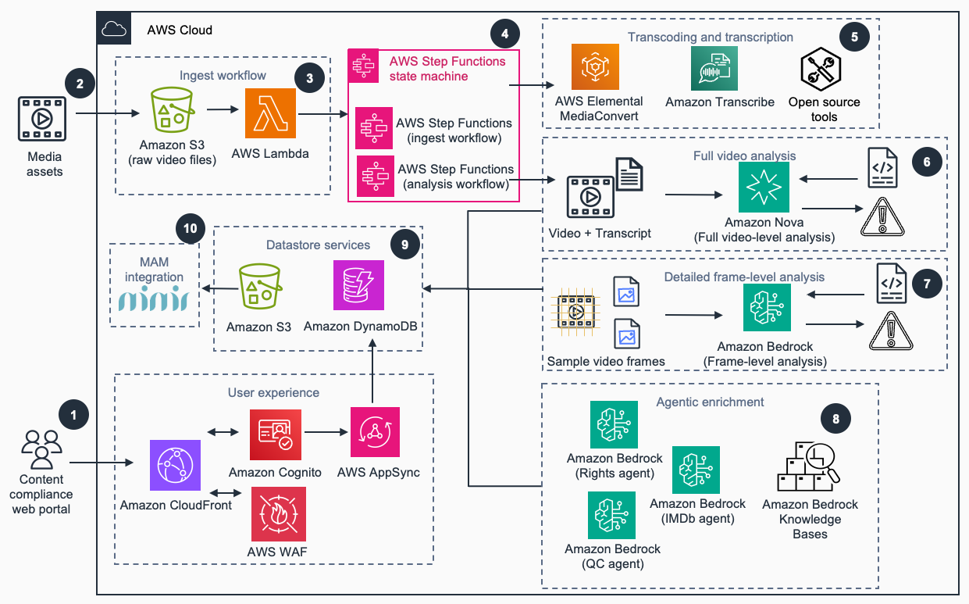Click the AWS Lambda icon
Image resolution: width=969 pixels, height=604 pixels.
click(270, 113)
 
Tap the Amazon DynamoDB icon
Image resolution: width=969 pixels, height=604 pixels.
click(358, 285)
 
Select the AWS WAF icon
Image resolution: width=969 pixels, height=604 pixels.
click(279, 514)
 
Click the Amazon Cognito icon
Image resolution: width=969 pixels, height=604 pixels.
click(276, 434)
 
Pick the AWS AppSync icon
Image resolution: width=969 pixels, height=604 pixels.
click(375, 432)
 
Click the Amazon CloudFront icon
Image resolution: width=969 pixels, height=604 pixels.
click(175, 465)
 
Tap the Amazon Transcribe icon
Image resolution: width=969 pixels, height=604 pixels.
click(714, 69)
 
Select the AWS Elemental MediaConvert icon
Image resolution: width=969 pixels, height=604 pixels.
click(595, 66)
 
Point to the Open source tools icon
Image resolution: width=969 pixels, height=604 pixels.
click(821, 69)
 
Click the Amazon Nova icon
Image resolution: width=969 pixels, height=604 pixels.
click(764, 187)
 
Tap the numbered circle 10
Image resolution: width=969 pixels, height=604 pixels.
click(191, 229)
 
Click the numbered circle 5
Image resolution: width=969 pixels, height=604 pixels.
click(854, 37)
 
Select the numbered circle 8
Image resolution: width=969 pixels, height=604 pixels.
click(835, 419)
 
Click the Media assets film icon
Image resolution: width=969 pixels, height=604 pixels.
click(42, 119)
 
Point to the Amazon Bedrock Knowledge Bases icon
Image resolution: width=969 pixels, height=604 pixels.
click(808, 466)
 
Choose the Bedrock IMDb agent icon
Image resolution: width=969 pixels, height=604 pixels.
click(696, 470)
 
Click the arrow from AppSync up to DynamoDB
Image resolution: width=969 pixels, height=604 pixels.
click(372, 371)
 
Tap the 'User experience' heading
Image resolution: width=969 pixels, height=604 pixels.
click(274, 392)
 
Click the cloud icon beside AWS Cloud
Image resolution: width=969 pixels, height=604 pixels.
click(114, 29)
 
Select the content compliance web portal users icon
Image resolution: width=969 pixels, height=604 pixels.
click(41, 449)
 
